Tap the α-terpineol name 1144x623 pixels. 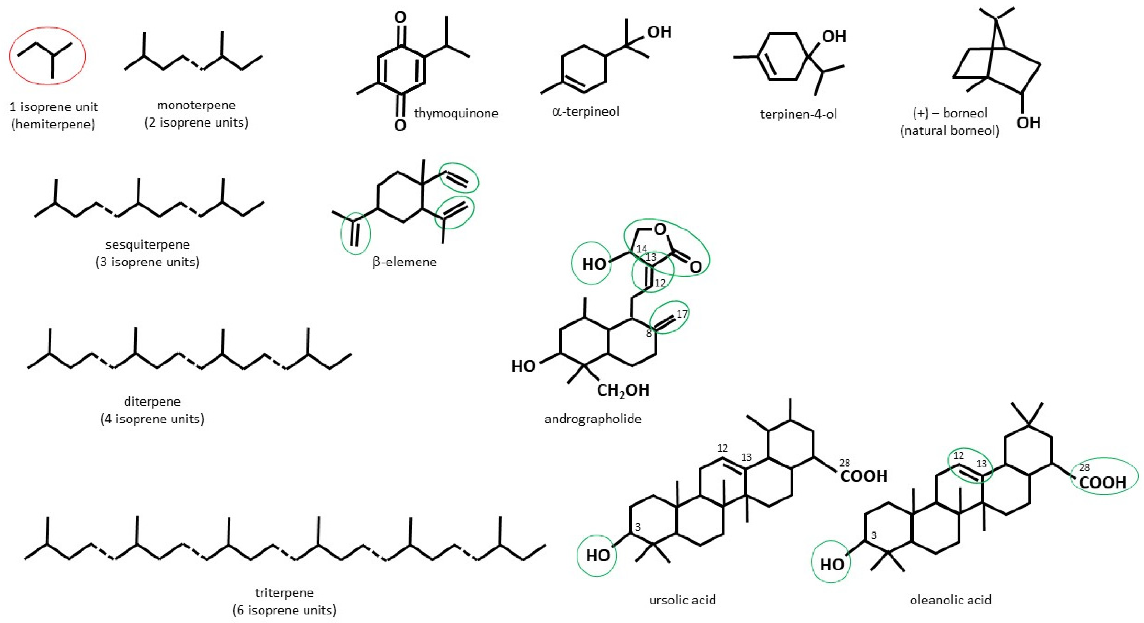tap(585, 112)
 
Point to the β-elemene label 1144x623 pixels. tap(404, 262)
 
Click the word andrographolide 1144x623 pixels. tap(593, 419)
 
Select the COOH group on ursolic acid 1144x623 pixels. tap(864, 476)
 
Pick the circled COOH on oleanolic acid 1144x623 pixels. tap(1102, 483)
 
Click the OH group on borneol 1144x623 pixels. tap(1029, 123)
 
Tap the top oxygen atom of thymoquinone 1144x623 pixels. tap(400, 18)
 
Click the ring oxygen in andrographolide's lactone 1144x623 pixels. tap(660, 229)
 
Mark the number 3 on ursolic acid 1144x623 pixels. tap(638, 527)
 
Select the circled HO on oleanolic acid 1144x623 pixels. tap(831, 565)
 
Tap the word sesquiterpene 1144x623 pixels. tap(147, 245)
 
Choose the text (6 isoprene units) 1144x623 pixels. tap(284, 610)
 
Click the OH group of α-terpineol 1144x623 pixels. tap(660, 32)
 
